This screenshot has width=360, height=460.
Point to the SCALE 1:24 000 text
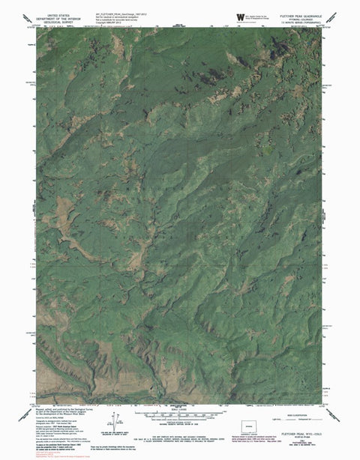click(x=180, y=409)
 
